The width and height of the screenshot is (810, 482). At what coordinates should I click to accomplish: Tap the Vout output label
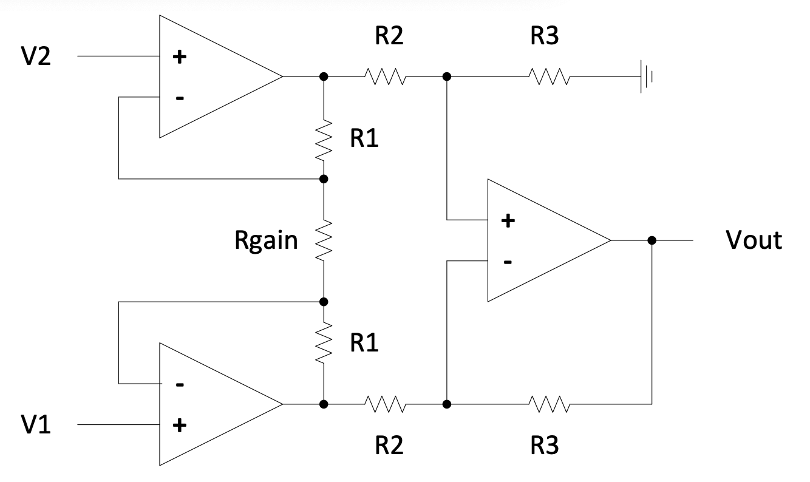click(x=754, y=241)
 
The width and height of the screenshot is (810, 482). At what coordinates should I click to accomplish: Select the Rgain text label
click(x=267, y=241)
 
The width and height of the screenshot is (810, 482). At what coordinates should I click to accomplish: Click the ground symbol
click(x=647, y=77)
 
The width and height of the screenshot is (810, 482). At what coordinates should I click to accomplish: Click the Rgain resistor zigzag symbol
click(x=324, y=240)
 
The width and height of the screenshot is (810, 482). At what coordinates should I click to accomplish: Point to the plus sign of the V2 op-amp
click(x=179, y=58)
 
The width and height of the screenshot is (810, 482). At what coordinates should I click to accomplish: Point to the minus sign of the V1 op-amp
click(x=179, y=384)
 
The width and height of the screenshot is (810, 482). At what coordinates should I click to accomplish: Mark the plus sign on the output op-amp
click(x=508, y=221)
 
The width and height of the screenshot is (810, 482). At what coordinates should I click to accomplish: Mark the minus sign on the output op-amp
click(x=508, y=262)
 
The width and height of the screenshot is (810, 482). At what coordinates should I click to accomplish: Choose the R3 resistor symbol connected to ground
click(x=548, y=77)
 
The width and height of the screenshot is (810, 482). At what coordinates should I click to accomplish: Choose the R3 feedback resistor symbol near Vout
click(x=548, y=404)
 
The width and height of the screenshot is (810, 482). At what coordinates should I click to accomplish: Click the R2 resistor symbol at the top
click(x=384, y=77)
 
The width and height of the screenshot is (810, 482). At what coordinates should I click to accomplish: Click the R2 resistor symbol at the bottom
click(x=384, y=404)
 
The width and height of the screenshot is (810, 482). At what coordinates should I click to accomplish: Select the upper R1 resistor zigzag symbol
click(x=324, y=140)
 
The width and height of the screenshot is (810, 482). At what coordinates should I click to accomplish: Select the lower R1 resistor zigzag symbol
click(x=324, y=343)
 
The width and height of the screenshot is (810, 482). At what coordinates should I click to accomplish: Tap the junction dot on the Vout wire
click(x=652, y=240)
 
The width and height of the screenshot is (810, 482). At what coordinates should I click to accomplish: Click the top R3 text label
click(x=545, y=36)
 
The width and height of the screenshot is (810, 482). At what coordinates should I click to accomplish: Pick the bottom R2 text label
click(x=388, y=446)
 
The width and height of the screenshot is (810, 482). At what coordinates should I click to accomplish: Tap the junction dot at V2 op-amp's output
click(x=324, y=77)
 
